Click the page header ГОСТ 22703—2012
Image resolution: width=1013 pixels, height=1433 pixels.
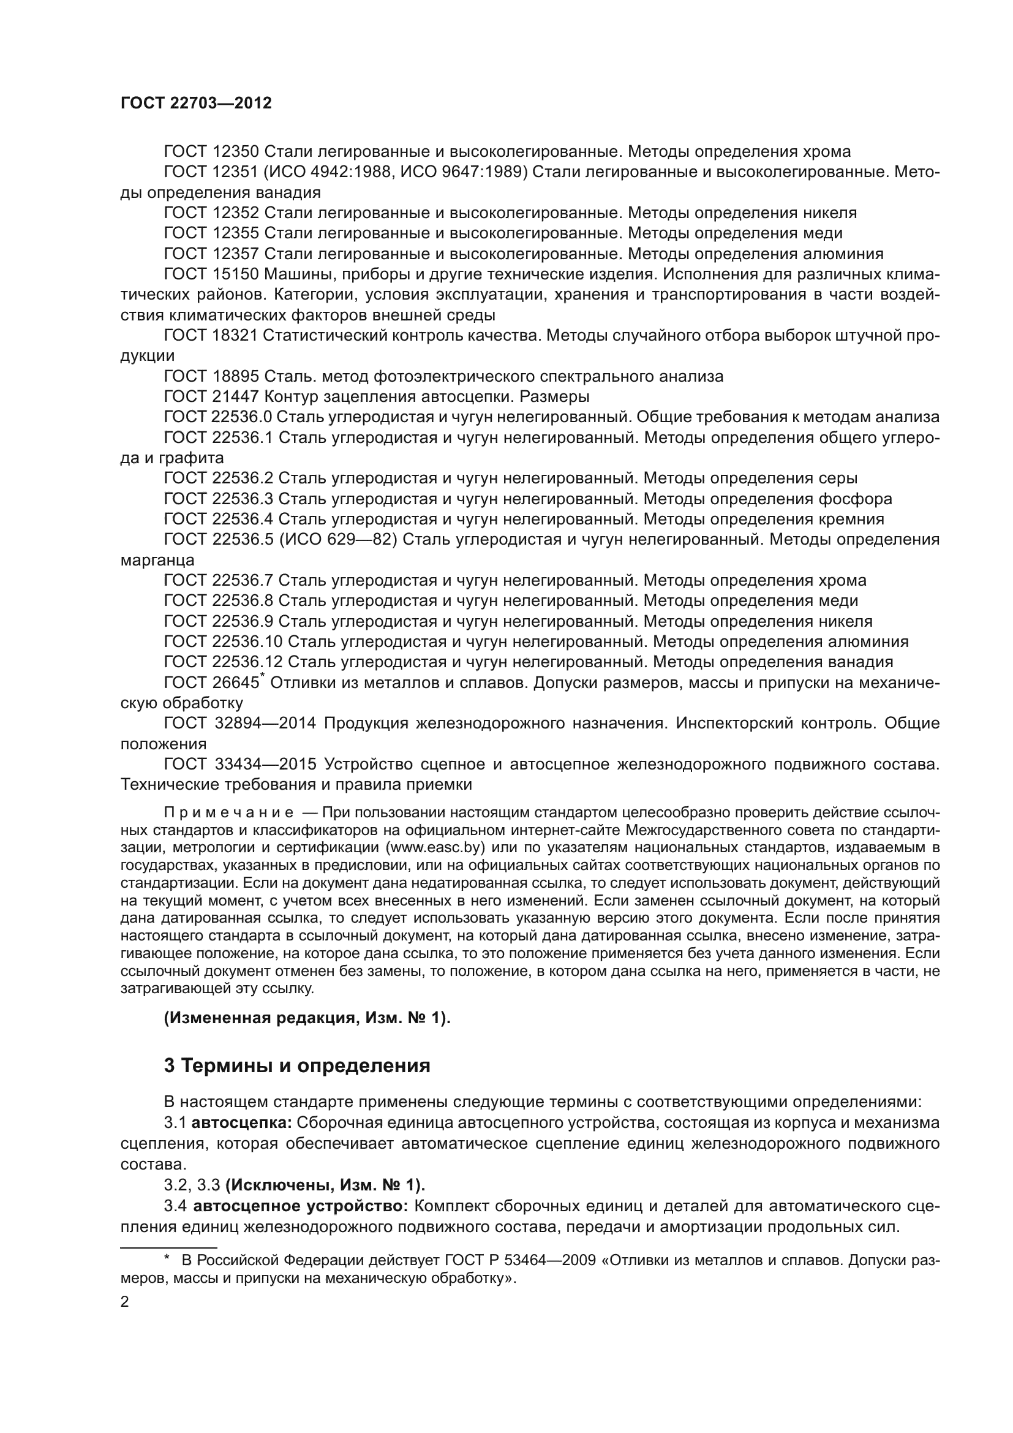coord(196,104)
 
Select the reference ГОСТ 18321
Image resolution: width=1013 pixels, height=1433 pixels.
coord(211,336)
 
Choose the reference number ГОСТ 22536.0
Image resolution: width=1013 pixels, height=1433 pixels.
coord(217,418)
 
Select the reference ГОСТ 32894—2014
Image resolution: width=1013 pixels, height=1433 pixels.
coord(240,724)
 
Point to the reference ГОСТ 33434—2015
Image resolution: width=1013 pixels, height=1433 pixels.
coord(240,765)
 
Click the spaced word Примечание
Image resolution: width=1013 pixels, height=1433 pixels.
coord(228,812)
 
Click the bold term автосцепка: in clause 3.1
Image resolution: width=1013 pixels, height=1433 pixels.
coord(241,1123)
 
